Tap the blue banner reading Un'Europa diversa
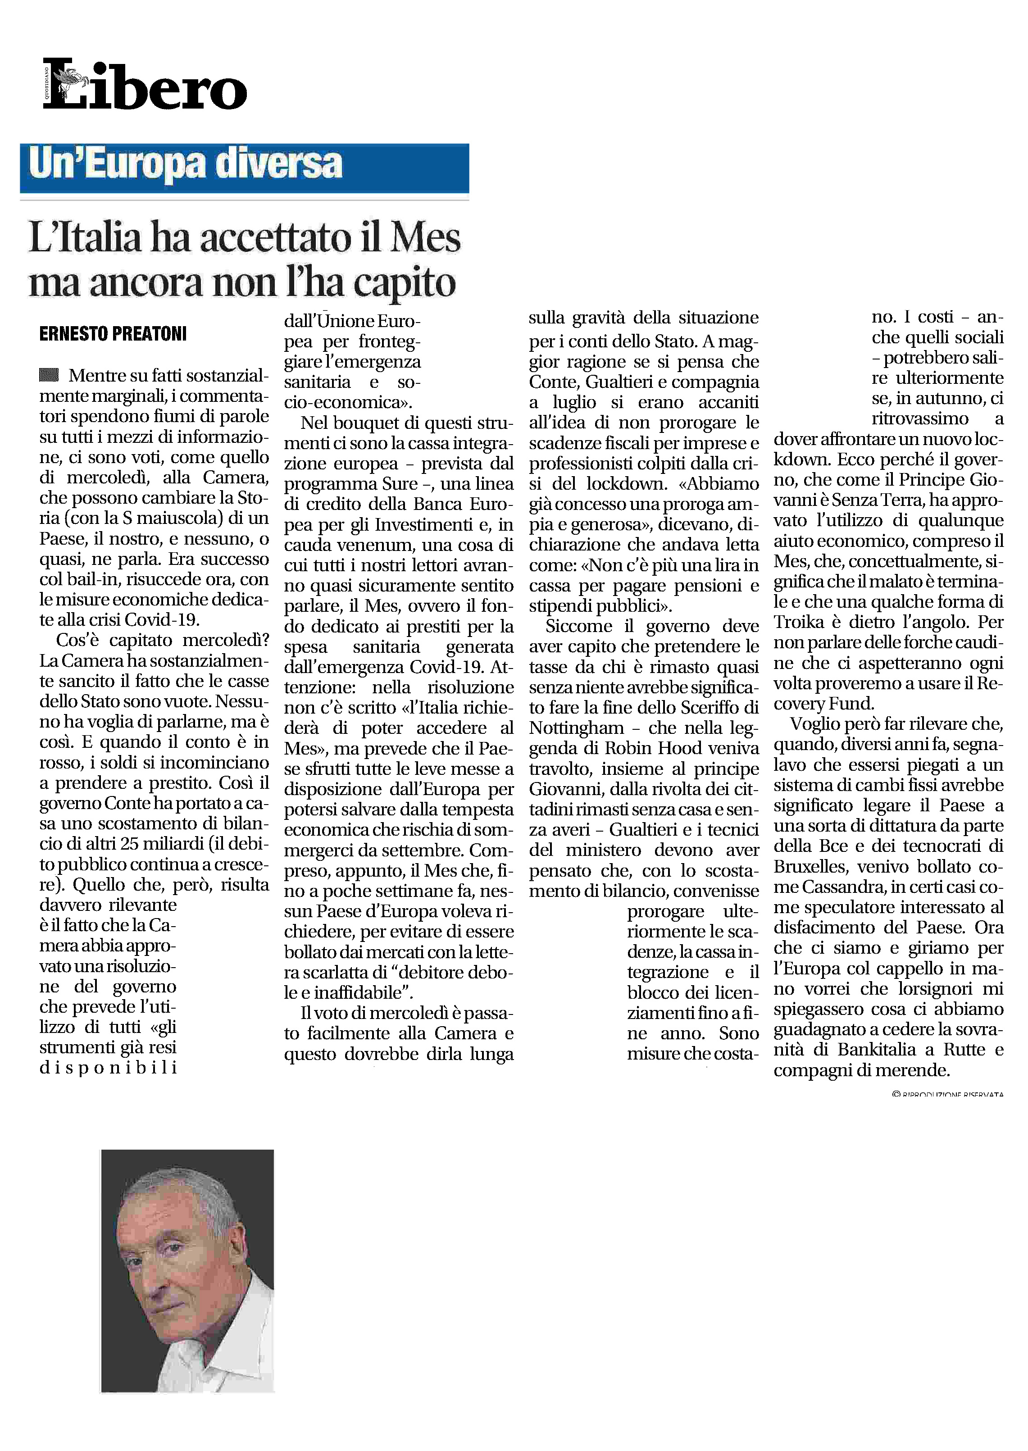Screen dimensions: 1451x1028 [244, 168]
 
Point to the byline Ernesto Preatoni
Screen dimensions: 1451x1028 [113, 334]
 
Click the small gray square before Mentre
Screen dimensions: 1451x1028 [49, 375]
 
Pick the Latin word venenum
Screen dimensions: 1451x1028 [353, 545]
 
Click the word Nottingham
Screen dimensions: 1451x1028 [576, 728]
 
